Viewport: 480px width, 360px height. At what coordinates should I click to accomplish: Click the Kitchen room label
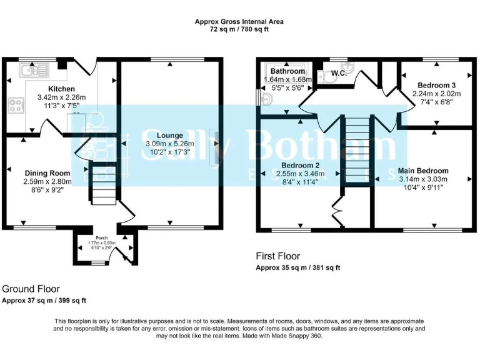click(61, 89)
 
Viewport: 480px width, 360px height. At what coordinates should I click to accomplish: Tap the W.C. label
click(339, 73)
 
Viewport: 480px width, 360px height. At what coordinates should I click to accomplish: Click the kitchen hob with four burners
click(16, 105)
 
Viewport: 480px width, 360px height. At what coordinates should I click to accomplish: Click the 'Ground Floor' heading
click(31, 289)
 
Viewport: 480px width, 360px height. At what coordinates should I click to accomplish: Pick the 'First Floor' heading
click(278, 256)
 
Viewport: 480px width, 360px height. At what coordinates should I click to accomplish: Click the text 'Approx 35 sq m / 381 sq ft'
click(297, 267)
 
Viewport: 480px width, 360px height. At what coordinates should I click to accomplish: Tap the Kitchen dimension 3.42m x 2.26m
click(61, 97)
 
